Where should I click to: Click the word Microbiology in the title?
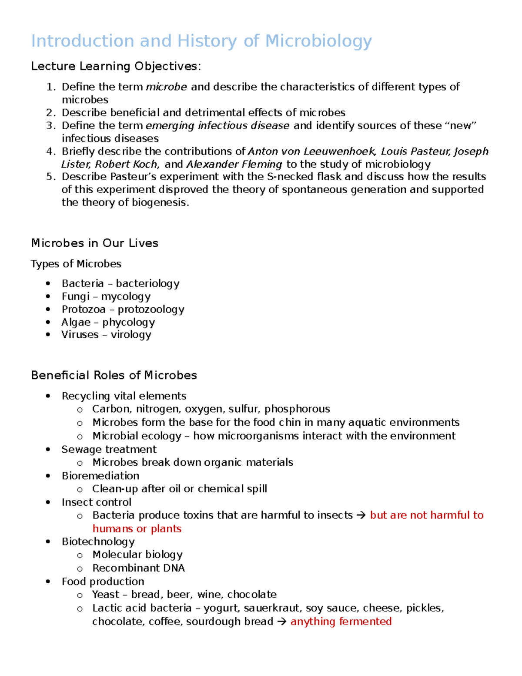tap(318, 41)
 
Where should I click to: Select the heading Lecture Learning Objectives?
tap(116, 66)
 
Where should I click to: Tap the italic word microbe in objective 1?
tap(166, 87)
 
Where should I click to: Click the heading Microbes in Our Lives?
tap(94, 243)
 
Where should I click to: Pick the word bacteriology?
tap(147, 284)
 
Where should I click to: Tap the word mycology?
tap(126, 297)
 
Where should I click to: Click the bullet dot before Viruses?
tap(48, 335)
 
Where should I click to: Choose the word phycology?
tap(128, 323)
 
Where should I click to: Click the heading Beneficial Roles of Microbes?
tap(114, 375)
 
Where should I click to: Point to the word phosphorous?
tap(297, 409)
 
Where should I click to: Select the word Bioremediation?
tap(100, 476)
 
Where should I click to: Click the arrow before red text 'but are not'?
tap(361, 515)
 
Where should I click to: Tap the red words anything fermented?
tap(341, 622)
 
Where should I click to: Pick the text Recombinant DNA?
tap(138, 568)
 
